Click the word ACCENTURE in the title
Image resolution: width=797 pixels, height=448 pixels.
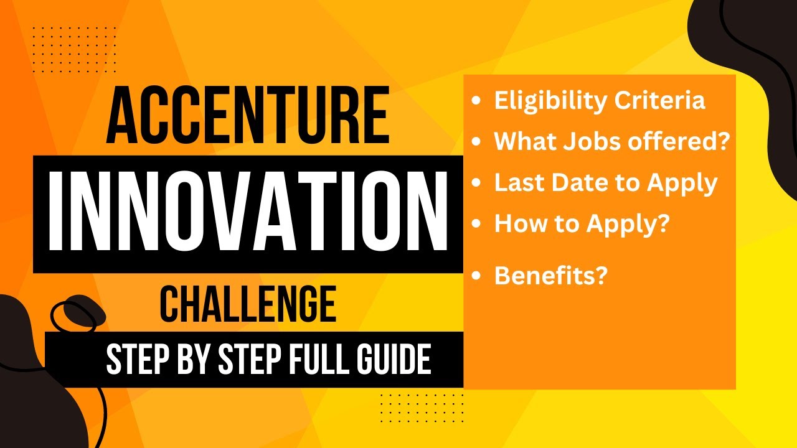click(248, 116)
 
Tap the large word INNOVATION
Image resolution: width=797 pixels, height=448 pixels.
click(248, 214)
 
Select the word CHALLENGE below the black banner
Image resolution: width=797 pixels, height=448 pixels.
click(248, 304)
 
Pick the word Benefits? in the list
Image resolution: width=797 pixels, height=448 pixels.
click(550, 276)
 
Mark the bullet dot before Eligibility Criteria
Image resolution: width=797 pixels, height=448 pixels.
click(477, 101)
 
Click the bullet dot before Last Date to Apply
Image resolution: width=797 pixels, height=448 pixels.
click(477, 184)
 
